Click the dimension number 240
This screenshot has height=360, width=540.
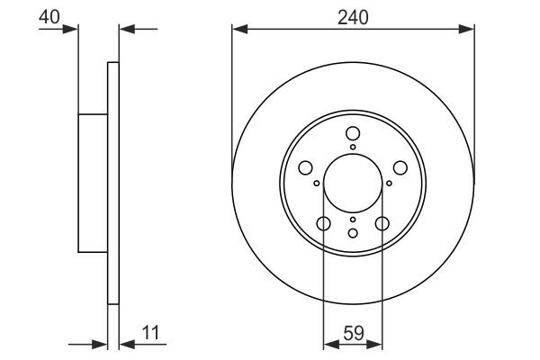pyautogui.click(x=353, y=16)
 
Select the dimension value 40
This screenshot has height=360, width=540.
pyautogui.click(x=49, y=16)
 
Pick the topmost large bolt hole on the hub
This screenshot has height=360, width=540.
pyautogui.click(x=352, y=133)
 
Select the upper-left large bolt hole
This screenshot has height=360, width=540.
pyautogui.click(x=305, y=168)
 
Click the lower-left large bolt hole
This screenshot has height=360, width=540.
pyautogui.click(x=323, y=224)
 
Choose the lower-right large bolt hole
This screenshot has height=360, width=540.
pyautogui.click(x=382, y=224)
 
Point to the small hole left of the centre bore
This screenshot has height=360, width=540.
pyautogui.click(x=317, y=183)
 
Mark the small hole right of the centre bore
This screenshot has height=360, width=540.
pyautogui.click(x=388, y=183)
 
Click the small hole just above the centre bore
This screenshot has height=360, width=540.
pyautogui.click(x=352, y=147)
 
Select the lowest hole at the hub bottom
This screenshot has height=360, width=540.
pyautogui.click(x=352, y=233)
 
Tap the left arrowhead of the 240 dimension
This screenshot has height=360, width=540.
pyautogui.click(x=238, y=30)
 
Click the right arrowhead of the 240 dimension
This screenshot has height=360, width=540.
pyautogui.click(x=467, y=30)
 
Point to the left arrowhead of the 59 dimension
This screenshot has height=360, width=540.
pyautogui.click(x=328, y=343)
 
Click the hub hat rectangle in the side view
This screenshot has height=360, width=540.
pyautogui.click(x=93, y=183)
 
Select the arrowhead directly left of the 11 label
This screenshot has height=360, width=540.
pyautogui.click(x=124, y=343)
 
